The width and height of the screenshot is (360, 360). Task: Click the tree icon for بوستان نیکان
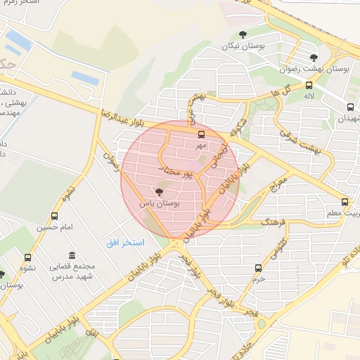click(243, 34)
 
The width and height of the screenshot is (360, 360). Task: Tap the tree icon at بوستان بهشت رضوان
click(314, 57)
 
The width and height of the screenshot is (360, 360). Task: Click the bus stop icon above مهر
click(202, 134)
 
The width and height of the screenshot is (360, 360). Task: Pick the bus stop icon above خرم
click(258, 268)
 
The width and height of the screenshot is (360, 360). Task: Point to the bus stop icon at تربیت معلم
click(344, 201)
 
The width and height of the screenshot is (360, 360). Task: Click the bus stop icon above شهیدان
click(350, 108)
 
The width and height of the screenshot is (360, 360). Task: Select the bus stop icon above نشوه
click(27, 258)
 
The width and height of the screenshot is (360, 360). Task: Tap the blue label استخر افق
click(125, 243)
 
